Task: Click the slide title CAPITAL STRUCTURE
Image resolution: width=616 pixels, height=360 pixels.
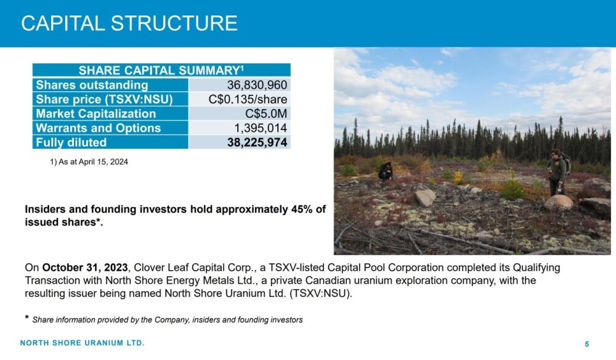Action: pyautogui.click(x=129, y=23)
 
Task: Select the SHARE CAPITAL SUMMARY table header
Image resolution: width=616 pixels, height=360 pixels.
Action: pyautogui.click(x=161, y=70)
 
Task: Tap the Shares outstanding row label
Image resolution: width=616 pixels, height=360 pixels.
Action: pyautogui.click(x=92, y=85)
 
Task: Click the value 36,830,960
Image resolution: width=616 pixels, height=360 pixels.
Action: pyautogui.click(x=257, y=85)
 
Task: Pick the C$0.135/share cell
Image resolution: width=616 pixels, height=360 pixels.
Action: pyautogui.click(x=248, y=99)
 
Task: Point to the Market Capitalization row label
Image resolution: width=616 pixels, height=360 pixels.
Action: pyautogui.click(x=96, y=113)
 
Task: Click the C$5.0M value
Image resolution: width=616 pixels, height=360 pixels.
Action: pyautogui.click(x=266, y=113)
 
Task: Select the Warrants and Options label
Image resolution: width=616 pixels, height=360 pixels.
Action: pyautogui.click(x=98, y=128)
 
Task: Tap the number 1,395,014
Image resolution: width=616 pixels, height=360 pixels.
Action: pyautogui.click(x=261, y=128)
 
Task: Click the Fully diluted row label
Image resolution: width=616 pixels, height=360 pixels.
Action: pyautogui.click(x=71, y=142)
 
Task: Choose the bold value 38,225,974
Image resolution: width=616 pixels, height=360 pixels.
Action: pyautogui.click(x=257, y=142)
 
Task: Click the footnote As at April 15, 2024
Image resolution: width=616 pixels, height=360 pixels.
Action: pyautogui.click(x=89, y=162)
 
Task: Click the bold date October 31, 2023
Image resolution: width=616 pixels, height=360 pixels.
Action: pyautogui.click(x=85, y=268)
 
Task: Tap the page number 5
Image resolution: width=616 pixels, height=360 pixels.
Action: pyautogui.click(x=587, y=344)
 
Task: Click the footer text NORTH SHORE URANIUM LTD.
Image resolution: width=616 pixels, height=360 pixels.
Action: pyautogui.click(x=83, y=343)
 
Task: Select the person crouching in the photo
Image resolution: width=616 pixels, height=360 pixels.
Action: pyautogui.click(x=386, y=171)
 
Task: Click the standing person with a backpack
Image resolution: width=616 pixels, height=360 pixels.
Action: pyautogui.click(x=558, y=172)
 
